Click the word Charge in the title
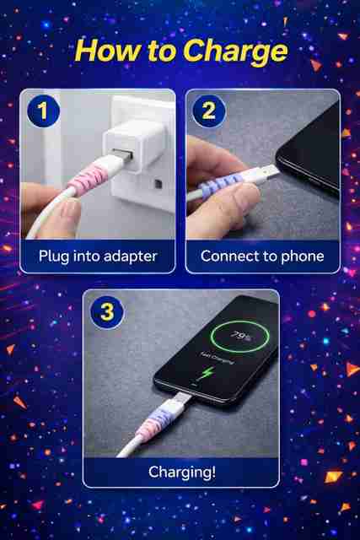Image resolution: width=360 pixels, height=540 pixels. pos(235,51)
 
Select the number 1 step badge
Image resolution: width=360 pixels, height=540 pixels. pos(43,111)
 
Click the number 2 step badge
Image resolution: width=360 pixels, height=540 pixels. pos(209,111)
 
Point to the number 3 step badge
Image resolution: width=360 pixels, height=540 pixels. pos(107,312)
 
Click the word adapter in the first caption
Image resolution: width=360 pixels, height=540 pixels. pos(130,256)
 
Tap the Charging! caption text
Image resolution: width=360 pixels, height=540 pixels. pos(182,472)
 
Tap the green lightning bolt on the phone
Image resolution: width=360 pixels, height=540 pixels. pos(207,373)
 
